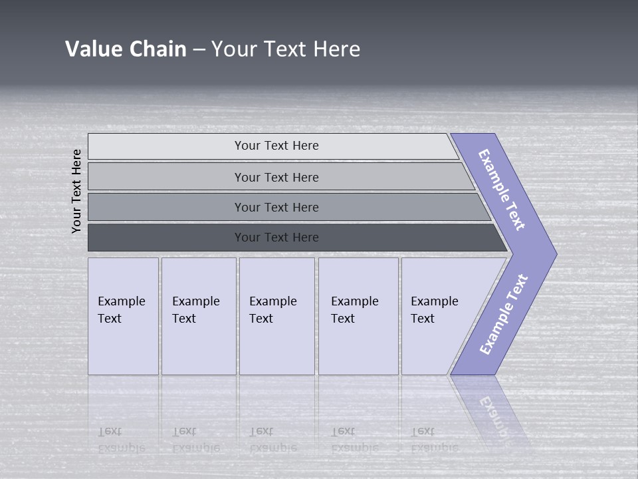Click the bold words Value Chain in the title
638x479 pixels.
[x=126, y=49]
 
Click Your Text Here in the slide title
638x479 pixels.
[x=285, y=49]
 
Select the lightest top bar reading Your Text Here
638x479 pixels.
[x=276, y=146]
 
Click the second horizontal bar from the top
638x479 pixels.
[x=276, y=177]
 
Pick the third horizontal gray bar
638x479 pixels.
[x=276, y=207]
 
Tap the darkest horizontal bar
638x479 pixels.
[x=276, y=238]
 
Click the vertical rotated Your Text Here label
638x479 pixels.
[x=76, y=191]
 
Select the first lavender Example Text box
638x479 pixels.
[x=123, y=316]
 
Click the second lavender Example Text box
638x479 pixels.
[x=198, y=316]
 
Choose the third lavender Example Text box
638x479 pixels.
[x=276, y=316]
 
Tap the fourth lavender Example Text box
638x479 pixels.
[x=358, y=316]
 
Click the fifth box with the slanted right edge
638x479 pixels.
[x=439, y=316]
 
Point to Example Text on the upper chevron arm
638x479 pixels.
[x=502, y=190]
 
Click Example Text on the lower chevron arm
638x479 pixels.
[x=503, y=315]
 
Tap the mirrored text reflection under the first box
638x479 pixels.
[x=121, y=440]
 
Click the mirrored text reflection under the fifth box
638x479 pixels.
[x=433, y=440]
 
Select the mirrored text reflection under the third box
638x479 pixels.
[x=272, y=440]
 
